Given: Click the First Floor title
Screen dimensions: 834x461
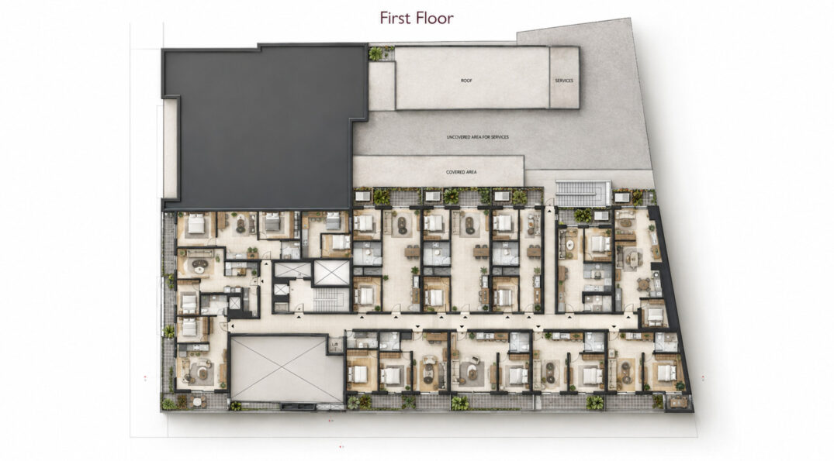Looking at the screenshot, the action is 417,18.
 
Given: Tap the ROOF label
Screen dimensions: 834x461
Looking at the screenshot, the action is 466,81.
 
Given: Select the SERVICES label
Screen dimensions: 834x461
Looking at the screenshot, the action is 564,81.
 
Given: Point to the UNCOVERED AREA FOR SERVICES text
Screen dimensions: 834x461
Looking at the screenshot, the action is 478,137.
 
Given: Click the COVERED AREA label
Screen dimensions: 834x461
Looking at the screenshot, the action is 461,172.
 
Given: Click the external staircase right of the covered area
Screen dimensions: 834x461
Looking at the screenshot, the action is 583,193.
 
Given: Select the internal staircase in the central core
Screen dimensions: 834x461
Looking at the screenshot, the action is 331,300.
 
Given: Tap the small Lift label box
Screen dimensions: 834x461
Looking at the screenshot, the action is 335,346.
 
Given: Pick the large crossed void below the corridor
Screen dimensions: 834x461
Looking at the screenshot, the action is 286,369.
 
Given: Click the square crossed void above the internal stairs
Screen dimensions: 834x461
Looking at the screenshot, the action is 332,273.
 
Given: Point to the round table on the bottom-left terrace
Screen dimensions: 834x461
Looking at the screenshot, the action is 196,401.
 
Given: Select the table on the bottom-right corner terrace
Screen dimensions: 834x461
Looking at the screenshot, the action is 677,402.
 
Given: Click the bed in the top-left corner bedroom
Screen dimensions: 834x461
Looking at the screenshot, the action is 196,225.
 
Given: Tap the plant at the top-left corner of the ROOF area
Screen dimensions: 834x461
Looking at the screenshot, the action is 375,53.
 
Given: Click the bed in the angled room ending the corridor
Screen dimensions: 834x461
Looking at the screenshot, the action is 656,316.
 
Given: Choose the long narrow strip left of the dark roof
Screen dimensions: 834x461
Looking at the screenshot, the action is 170,149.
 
